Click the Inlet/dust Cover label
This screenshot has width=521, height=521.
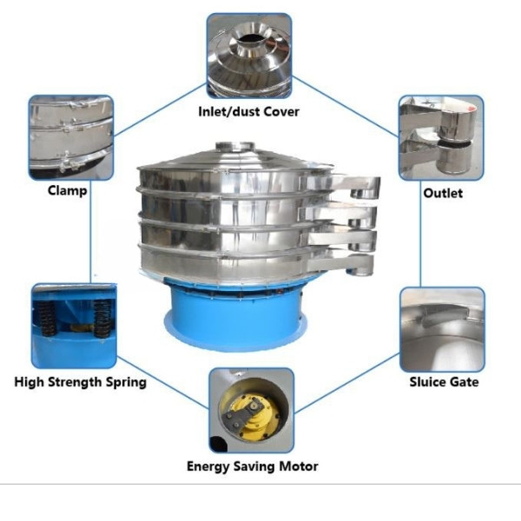pyautogui.click(x=250, y=110)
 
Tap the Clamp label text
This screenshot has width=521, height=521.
pyautogui.click(x=67, y=190)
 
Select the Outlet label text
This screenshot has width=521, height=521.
pyautogui.click(x=442, y=193)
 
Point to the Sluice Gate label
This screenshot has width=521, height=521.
pyautogui.click(x=444, y=381)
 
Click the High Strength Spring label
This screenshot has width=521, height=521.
pyautogui.click(x=81, y=381)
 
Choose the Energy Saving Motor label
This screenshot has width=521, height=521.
pyautogui.click(x=252, y=466)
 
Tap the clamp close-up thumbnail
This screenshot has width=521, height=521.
pyautogui.click(x=70, y=137)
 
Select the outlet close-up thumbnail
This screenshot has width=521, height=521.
pyautogui.click(x=440, y=137)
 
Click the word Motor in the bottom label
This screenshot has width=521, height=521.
pyautogui.click(x=298, y=466)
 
